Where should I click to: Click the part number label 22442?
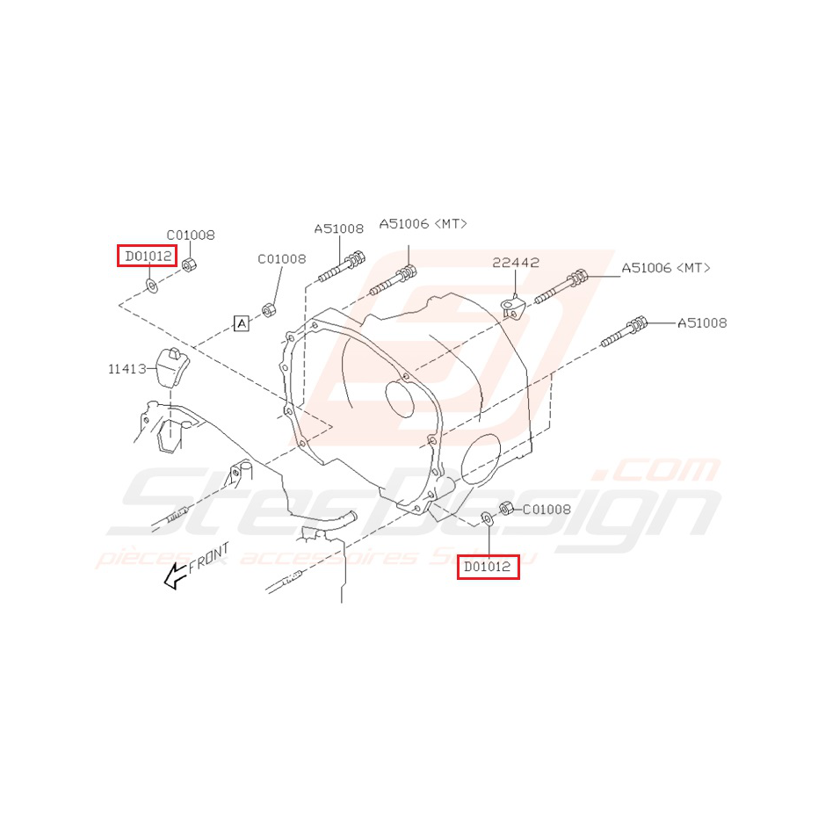click(x=516, y=262)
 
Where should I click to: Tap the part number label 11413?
click(x=127, y=370)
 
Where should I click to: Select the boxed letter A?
click(x=242, y=324)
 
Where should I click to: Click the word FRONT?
click(x=209, y=558)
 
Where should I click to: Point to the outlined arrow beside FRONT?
click(x=177, y=575)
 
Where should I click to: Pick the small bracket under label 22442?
click(x=512, y=308)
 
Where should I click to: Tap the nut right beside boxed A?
click(x=269, y=311)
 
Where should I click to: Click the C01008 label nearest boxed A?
click(x=281, y=259)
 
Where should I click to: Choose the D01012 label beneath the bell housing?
click(x=487, y=568)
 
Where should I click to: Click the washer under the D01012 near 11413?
click(x=151, y=286)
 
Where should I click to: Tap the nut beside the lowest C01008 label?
click(x=506, y=508)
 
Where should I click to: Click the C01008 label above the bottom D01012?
click(x=547, y=509)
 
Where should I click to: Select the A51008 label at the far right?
click(x=701, y=323)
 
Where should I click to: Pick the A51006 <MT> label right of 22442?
click(x=665, y=268)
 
